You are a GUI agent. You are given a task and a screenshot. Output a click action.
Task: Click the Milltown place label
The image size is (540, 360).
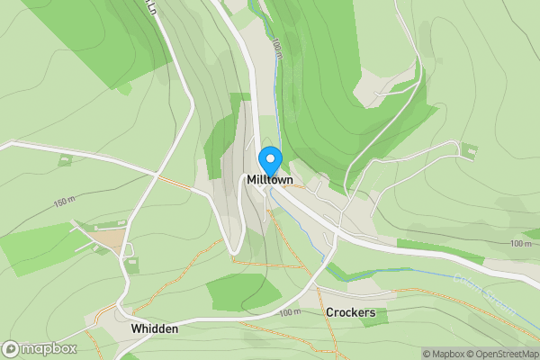[270, 181]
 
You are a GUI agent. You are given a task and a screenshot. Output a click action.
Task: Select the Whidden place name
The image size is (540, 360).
[155, 329]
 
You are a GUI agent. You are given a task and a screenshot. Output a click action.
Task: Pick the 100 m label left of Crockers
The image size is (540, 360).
[289, 312]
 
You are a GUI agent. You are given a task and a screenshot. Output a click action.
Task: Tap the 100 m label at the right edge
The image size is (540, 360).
[520, 244]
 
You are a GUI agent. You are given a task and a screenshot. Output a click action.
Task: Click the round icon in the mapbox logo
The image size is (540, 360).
[11, 349]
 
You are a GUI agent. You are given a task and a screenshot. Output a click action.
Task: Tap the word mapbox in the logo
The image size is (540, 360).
[49, 349]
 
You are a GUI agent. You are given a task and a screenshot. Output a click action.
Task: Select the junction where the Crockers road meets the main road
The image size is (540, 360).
[334, 236]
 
